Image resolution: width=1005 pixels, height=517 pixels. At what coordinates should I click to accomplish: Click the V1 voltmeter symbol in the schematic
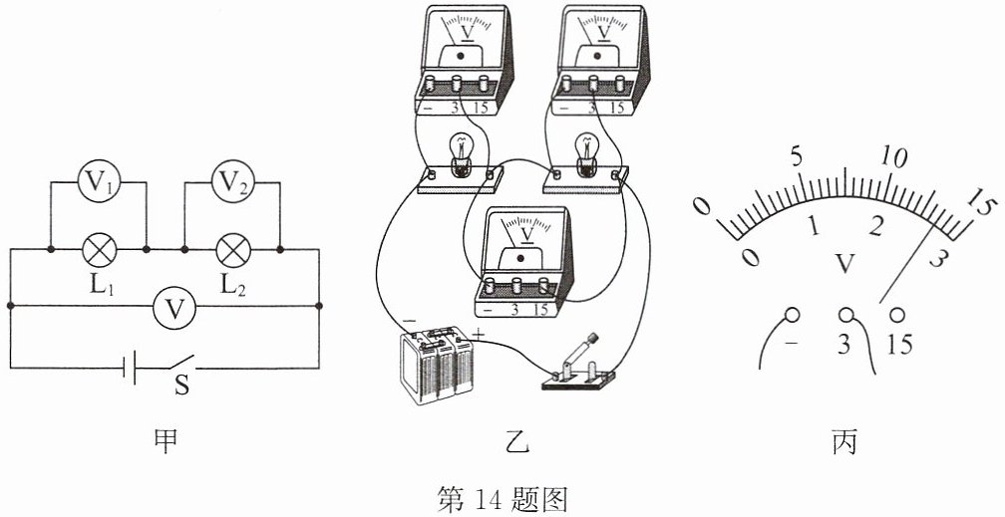[x=100, y=182]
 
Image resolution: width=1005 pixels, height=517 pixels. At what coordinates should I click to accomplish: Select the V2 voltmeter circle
[x=233, y=182]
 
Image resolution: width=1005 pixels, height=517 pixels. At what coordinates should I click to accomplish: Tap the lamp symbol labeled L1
[x=100, y=249]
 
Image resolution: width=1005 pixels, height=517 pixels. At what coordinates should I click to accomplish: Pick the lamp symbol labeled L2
[x=233, y=249]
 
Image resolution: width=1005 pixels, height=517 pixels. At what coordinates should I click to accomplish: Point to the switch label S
[x=182, y=387]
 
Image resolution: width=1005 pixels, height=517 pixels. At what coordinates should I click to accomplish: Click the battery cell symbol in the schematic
[x=129, y=368]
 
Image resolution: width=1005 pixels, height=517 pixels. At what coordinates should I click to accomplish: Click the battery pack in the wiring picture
[x=437, y=366]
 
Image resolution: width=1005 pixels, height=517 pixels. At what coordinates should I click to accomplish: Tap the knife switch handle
[x=584, y=349]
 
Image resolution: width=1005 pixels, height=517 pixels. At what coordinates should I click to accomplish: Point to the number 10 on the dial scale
[x=894, y=155]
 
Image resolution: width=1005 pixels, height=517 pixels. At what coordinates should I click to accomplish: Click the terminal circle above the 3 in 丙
[x=847, y=315]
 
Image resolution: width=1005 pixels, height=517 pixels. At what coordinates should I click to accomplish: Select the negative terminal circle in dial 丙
[x=793, y=315]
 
